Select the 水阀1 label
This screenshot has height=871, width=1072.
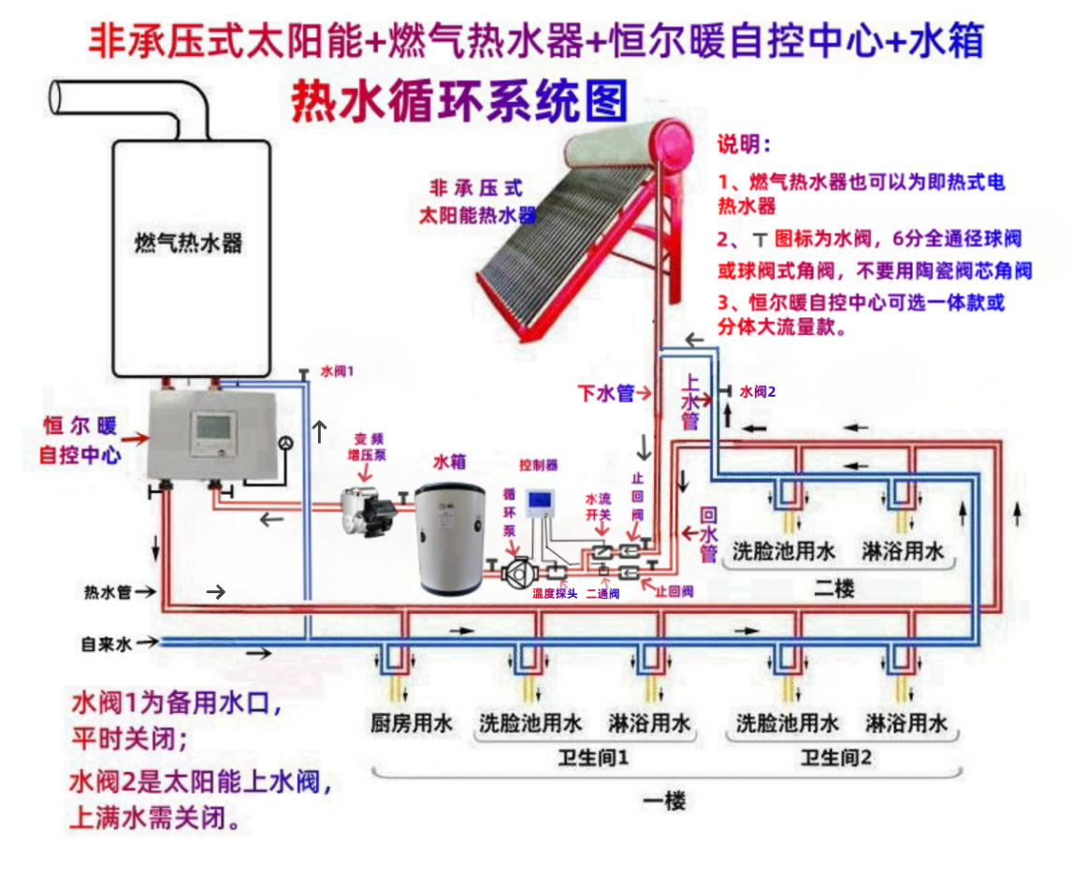click(337, 371)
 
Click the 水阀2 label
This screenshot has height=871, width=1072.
click(758, 392)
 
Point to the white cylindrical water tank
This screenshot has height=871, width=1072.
click(450, 538)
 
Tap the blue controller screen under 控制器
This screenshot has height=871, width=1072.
click(541, 502)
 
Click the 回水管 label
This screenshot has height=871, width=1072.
click(708, 535)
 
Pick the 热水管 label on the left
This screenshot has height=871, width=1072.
click(107, 592)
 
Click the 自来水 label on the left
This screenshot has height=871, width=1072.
click(107, 644)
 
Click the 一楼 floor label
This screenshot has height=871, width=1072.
click(665, 801)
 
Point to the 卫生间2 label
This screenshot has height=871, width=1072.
click(835, 759)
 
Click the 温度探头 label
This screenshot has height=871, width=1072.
click(555, 593)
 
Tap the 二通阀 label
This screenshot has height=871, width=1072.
click(602, 593)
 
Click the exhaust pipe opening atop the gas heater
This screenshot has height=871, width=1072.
click(58, 97)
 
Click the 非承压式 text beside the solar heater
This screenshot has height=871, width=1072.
click(475, 187)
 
